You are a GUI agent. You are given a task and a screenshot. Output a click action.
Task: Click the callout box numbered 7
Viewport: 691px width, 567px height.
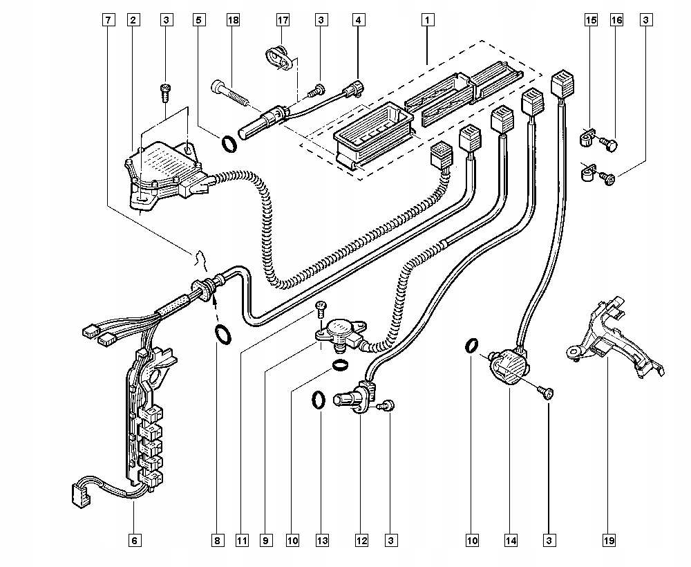[x=108, y=20]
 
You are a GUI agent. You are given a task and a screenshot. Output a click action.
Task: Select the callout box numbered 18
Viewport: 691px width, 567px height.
[x=233, y=20]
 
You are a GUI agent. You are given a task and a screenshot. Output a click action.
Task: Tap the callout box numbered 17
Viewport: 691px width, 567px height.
[x=283, y=20]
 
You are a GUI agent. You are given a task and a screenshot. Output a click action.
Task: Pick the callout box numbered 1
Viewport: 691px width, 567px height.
[x=427, y=20]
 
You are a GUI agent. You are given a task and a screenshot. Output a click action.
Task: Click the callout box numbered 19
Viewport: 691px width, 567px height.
[x=609, y=541]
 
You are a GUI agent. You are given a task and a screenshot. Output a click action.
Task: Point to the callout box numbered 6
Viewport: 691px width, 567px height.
[x=135, y=541]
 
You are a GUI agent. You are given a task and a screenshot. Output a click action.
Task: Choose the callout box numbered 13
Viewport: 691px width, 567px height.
[x=322, y=541]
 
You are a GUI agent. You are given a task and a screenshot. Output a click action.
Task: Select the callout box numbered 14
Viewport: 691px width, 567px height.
[x=511, y=541]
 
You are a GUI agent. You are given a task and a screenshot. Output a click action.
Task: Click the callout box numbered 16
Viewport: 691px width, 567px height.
[x=616, y=20]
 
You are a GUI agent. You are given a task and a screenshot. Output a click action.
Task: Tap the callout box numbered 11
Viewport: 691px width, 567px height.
[x=242, y=541]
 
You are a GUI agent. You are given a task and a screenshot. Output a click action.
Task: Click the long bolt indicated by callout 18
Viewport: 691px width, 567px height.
[x=231, y=93]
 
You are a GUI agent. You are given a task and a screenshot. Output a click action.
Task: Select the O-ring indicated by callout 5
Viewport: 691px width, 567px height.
[x=229, y=145]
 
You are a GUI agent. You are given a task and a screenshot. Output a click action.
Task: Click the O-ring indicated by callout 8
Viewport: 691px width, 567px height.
[x=223, y=335]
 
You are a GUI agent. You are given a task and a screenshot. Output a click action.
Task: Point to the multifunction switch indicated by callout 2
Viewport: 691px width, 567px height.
[x=167, y=174]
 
